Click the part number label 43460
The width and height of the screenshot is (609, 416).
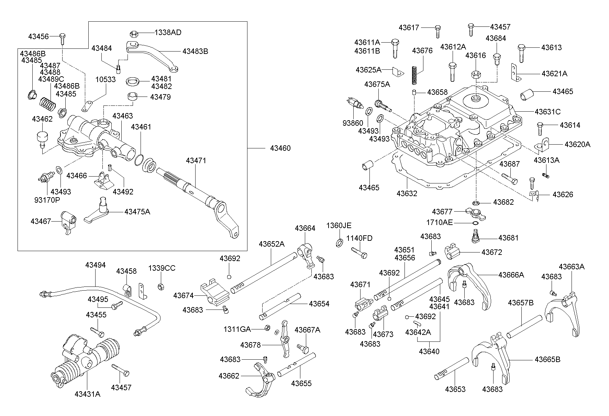click(x=280, y=148)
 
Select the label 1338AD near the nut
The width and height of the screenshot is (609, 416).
click(x=168, y=33)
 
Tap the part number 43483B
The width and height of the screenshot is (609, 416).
click(x=195, y=52)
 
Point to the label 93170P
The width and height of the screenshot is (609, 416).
click(x=47, y=200)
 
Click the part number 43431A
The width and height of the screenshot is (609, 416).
click(x=87, y=394)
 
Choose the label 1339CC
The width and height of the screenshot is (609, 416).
click(x=162, y=268)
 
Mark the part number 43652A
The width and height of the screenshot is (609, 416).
click(x=272, y=244)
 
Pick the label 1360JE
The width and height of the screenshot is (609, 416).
click(x=339, y=225)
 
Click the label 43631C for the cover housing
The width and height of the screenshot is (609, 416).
click(x=547, y=112)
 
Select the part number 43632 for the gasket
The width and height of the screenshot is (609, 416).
click(x=407, y=193)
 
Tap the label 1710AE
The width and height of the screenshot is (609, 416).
click(x=440, y=223)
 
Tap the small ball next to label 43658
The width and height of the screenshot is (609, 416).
click(x=414, y=92)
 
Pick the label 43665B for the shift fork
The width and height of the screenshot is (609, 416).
click(x=547, y=360)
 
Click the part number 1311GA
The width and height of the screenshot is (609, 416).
click(x=237, y=329)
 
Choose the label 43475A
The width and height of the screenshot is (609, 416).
click(x=137, y=212)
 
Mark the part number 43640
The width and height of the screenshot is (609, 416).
click(x=429, y=351)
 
